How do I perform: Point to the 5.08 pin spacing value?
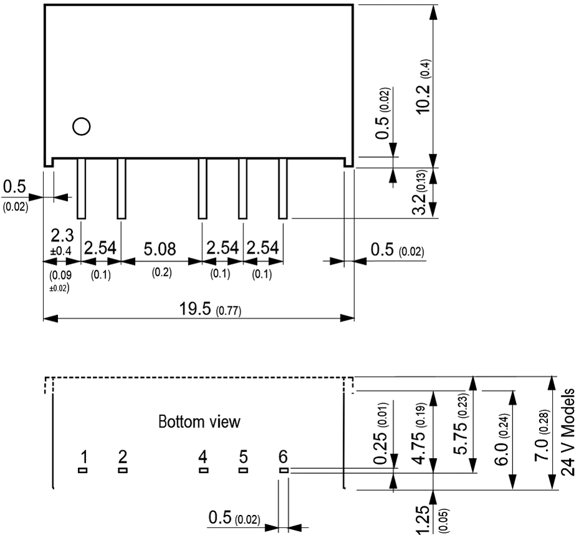point(160,249)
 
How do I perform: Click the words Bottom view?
point(199,422)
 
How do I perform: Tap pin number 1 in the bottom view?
point(82,458)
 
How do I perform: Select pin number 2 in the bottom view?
point(122,458)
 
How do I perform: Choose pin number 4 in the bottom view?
point(202,458)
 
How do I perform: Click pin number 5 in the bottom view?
point(243,458)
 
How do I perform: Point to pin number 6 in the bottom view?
point(283,458)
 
